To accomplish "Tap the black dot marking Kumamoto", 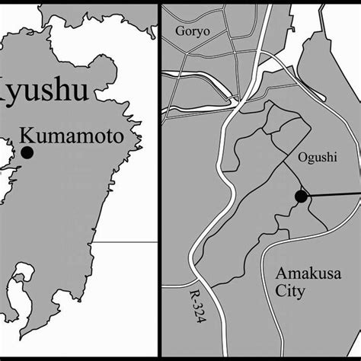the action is [27, 152].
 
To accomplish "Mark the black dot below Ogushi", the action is [301, 196].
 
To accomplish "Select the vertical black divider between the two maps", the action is [158, 180].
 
